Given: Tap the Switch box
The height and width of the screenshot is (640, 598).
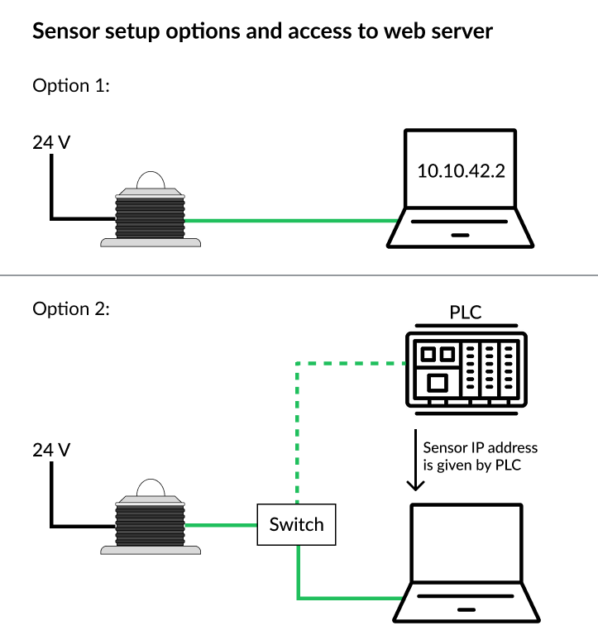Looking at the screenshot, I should click(x=297, y=523).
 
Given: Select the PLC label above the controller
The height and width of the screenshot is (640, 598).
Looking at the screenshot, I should click(x=466, y=313).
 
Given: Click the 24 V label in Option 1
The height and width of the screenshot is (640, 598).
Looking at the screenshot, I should click(x=51, y=142).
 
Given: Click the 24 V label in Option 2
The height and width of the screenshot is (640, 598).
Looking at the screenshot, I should click(x=51, y=451).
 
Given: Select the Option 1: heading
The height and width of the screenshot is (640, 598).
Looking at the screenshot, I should click(x=70, y=85).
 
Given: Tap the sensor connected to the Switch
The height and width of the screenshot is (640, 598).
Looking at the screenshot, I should click(x=150, y=521).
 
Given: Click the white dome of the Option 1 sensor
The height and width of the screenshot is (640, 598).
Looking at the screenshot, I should click(x=150, y=181).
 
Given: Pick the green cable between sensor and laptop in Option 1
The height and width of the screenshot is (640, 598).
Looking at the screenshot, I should click(x=289, y=221).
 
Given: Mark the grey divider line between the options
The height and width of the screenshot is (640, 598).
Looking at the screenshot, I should click(x=299, y=275).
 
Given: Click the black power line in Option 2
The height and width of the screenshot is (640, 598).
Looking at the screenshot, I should click(x=52, y=496).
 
